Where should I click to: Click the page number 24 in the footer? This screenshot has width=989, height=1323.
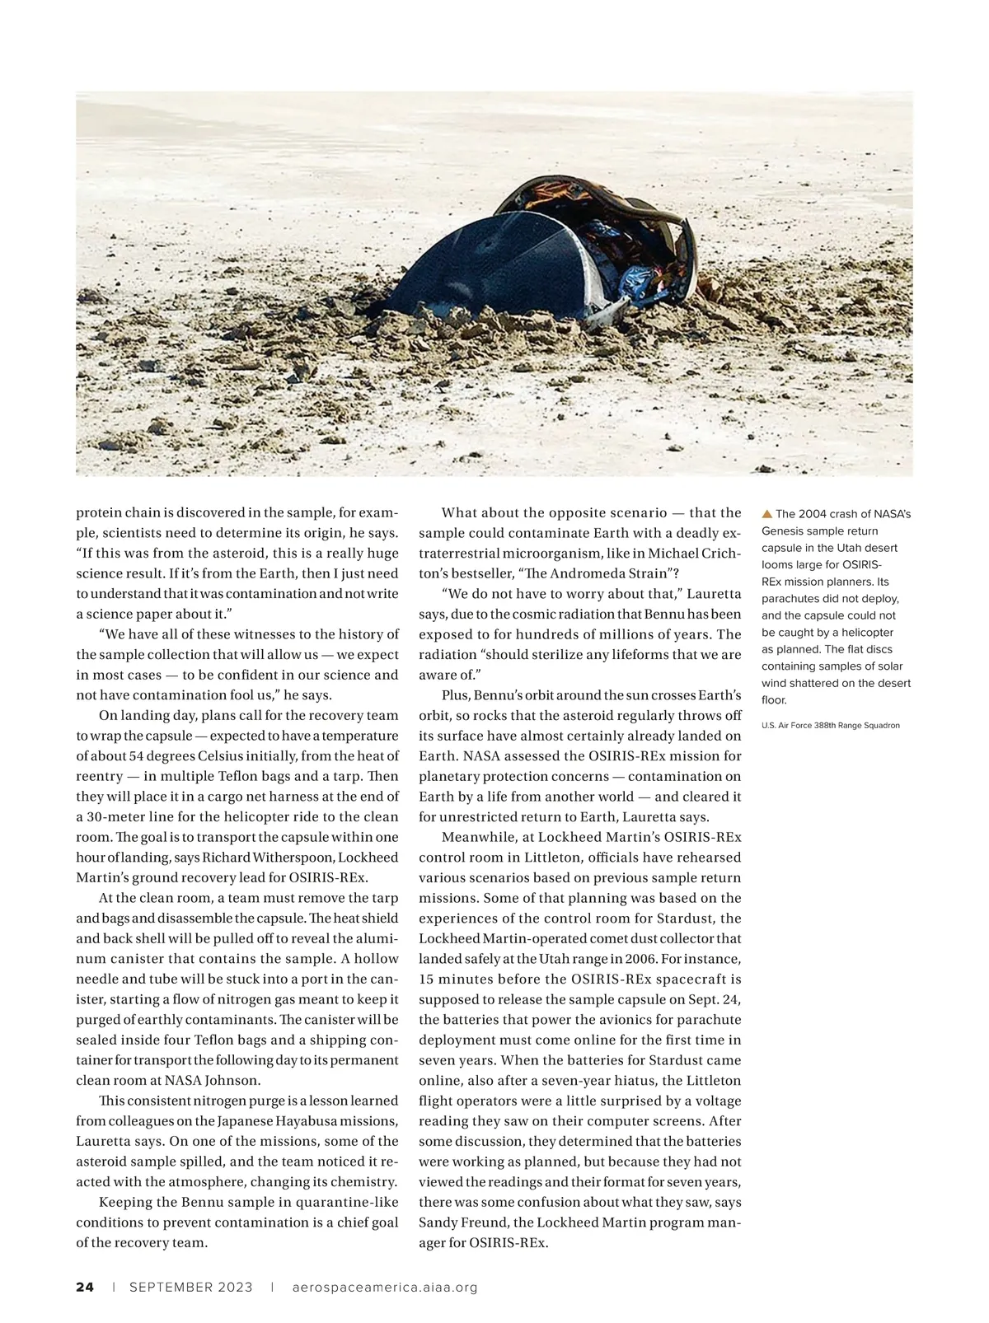point(85,1287)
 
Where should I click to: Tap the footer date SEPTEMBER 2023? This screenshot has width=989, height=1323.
point(191,1287)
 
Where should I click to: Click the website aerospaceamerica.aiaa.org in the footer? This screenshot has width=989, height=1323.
point(385,1287)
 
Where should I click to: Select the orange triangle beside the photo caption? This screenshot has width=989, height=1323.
point(767,514)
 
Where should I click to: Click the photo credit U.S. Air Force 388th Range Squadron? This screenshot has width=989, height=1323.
point(831,725)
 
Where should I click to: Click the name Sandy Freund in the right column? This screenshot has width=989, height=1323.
point(457,1222)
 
